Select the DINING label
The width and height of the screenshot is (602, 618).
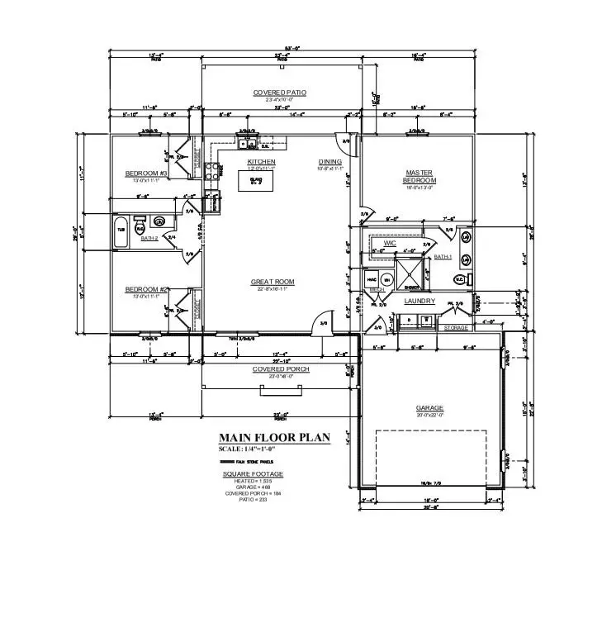[329, 161]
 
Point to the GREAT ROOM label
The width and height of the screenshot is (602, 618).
[273, 282]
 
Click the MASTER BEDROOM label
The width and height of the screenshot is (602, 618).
[418, 176]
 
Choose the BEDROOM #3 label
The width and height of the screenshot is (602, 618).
[147, 174]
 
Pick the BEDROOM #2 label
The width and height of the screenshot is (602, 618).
[147, 289]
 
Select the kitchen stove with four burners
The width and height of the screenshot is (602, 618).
[211, 172]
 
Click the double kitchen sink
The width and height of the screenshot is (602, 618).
[247, 141]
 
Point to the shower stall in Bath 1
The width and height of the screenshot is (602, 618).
[407, 271]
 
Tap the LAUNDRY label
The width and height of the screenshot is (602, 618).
[419, 302]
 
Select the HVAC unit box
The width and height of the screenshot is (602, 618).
[371, 279]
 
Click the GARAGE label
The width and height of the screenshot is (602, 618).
[429, 408]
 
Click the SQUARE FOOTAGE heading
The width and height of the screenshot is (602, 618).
[253, 473]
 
